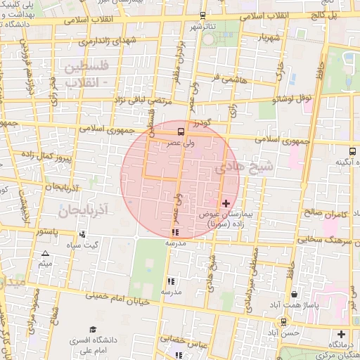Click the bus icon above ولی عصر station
(x=181, y=131)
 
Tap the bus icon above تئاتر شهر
(x=203, y=15)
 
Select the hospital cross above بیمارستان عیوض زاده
(x=226, y=204)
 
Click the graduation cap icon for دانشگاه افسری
(x=93, y=330)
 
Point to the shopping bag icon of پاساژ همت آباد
(x=293, y=295)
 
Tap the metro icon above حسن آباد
(x=283, y=321)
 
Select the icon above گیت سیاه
(x=83, y=234)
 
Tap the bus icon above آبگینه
(x=352, y=150)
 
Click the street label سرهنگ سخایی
(x=328, y=241)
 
